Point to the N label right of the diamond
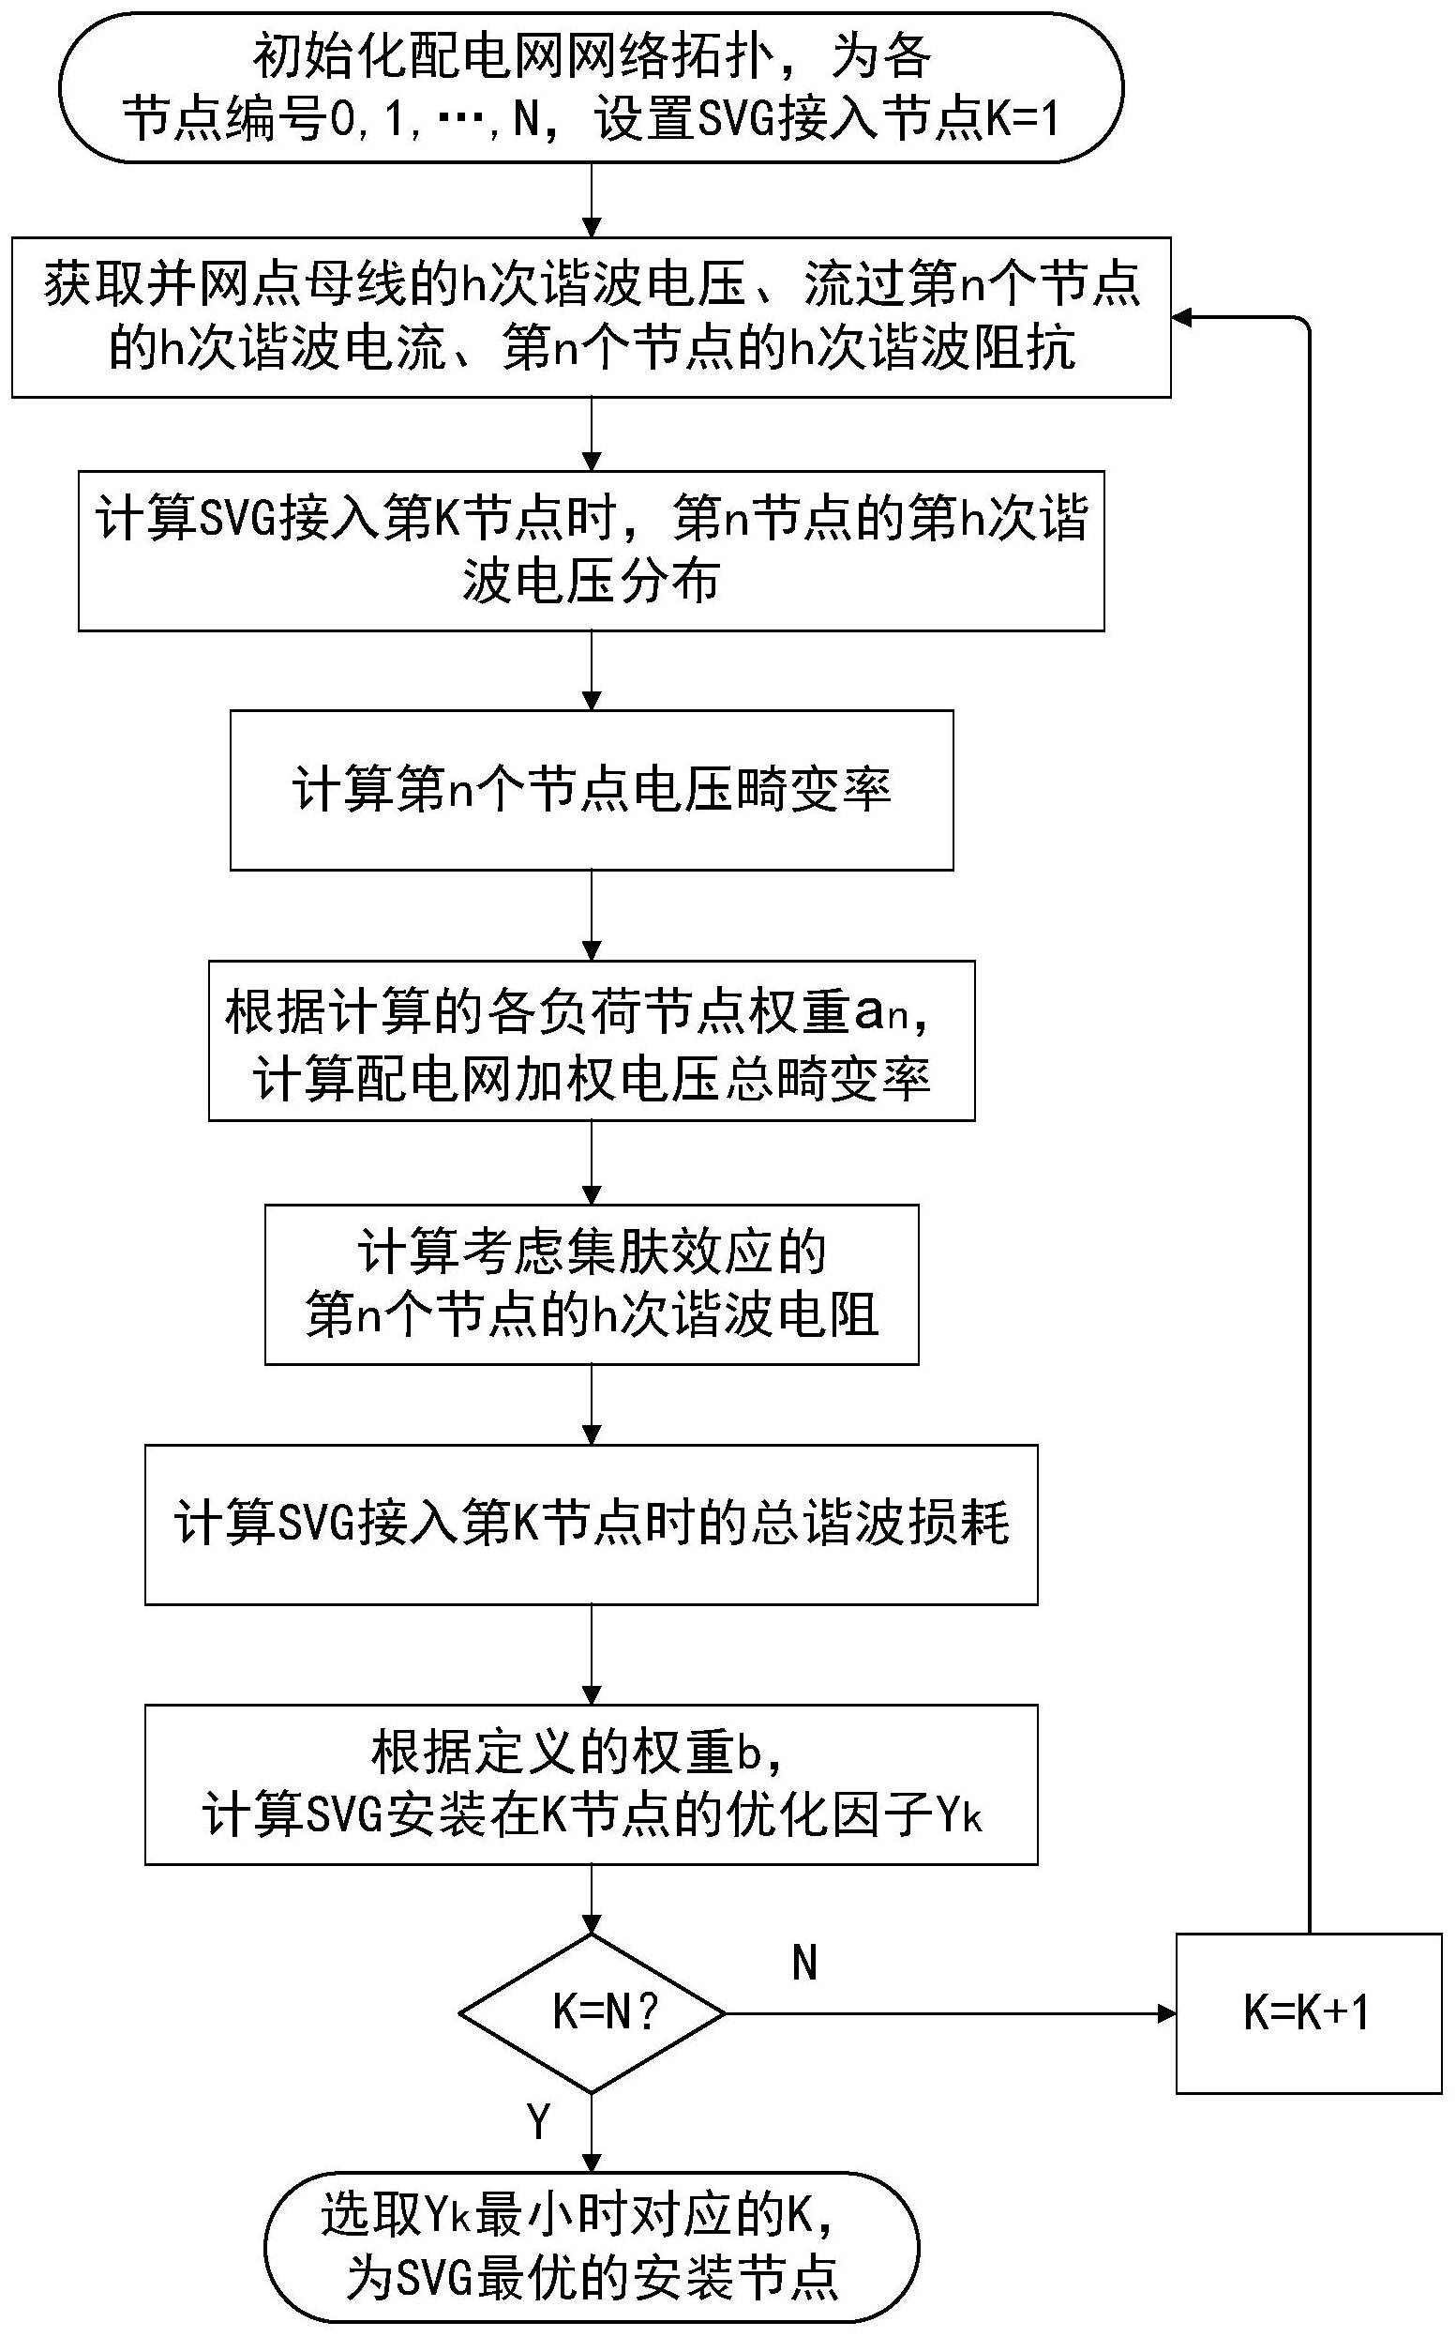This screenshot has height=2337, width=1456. coord(805,1963)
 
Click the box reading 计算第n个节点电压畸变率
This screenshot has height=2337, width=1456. coord(592,790)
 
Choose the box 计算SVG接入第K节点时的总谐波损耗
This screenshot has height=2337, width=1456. coord(592,1524)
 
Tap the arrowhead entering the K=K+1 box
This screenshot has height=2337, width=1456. coord(1165,2013)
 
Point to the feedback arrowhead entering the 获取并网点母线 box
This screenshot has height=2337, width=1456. coord(1182,317)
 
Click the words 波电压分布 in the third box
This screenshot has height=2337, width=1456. coord(592,581)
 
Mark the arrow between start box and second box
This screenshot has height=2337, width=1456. coord(592,200)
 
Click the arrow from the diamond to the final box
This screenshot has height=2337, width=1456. coord(592,2132)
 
